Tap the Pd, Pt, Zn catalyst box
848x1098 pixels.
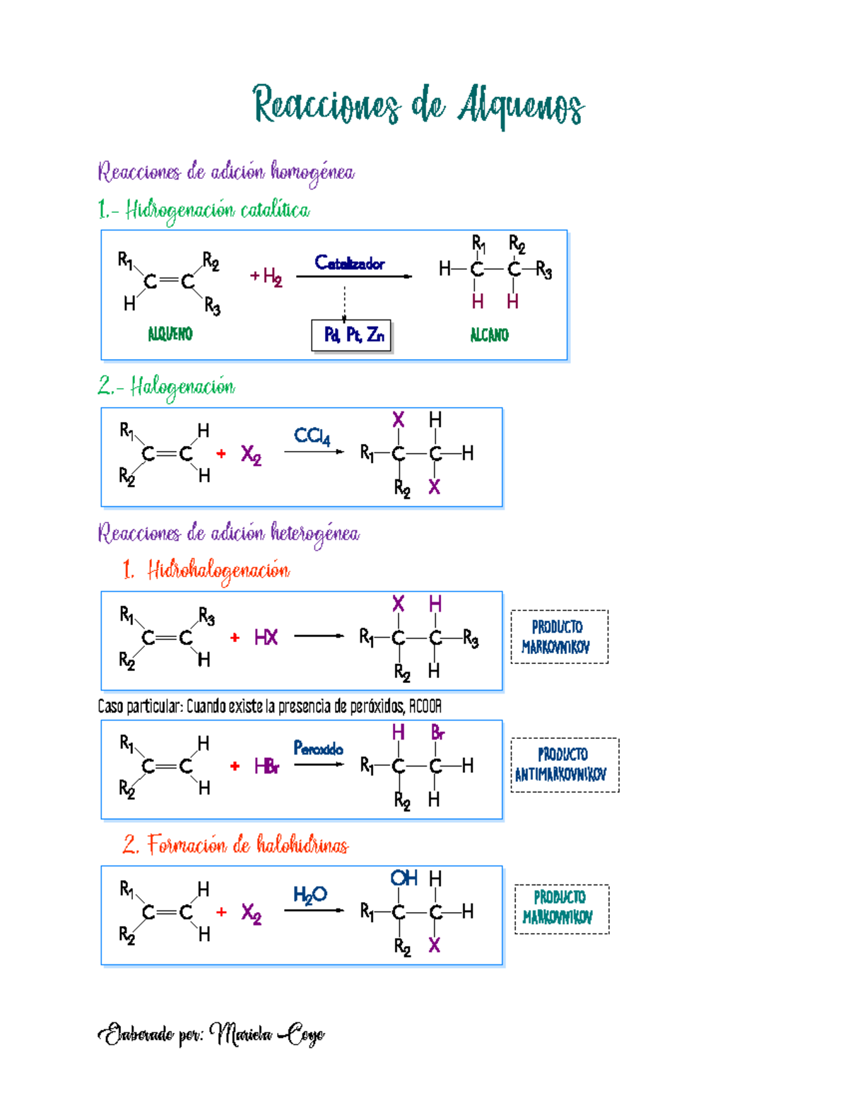tap(351, 335)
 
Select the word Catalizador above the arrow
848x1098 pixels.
tap(350, 263)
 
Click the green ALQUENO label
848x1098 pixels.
tap(170, 334)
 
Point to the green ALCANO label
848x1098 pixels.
tap(490, 334)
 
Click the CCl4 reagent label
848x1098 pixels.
tap(312, 436)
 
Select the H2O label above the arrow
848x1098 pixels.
tap(310, 895)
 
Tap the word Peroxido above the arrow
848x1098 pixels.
tap(318, 748)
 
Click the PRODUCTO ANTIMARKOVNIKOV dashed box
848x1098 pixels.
tap(565, 765)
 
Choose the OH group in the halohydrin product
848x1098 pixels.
tap(404, 878)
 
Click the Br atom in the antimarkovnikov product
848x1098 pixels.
tap(437, 732)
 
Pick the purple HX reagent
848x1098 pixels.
tap(266, 637)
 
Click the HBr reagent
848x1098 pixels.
tap(267, 766)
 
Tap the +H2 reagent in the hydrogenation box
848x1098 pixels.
tap(266, 277)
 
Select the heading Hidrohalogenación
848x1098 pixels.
tap(218, 571)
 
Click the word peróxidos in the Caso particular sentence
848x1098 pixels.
tap(378, 706)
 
